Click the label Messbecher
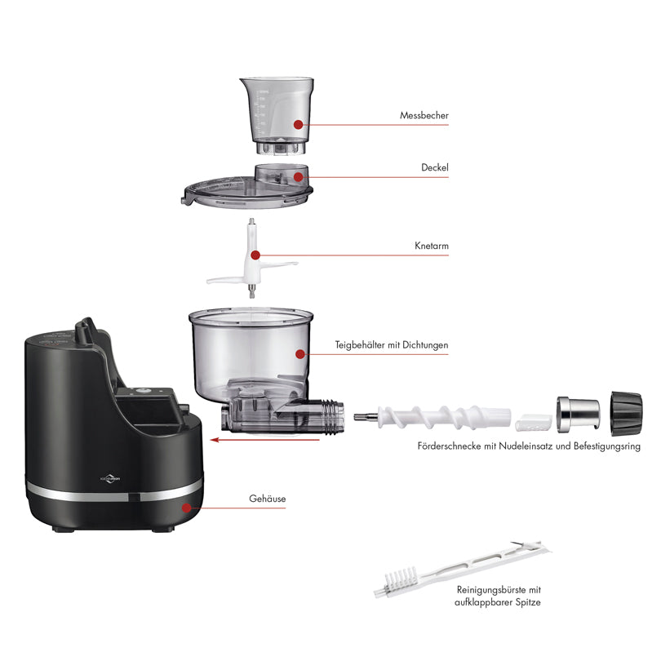(424, 116)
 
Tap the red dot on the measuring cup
(299, 124)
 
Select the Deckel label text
(435, 167)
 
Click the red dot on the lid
(298, 176)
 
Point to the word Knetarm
(431, 246)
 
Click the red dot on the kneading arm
(255, 255)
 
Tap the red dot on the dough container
(300, 353)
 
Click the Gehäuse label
(268, 499)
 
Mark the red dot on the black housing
(186, 507)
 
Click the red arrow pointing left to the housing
(264, 440)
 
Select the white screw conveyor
(432, 417)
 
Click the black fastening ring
(627, 414)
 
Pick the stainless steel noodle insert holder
(578, 414)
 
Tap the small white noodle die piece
(534, 423)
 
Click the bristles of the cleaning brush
(401, 576)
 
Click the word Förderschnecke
(449, 446)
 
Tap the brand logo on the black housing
(110, 478)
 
